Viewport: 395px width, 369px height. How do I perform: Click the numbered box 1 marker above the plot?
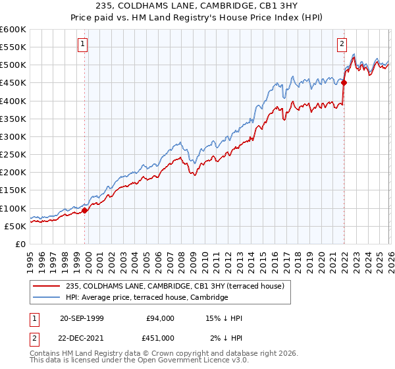click(x=83, y=45)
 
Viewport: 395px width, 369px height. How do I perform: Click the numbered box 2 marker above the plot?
click(x=342, y=45)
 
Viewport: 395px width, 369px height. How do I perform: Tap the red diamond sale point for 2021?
click(x=344, y=82)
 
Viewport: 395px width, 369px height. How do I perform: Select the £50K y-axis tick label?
click(x=15, y=226)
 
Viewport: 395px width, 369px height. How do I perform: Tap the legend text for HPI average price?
click(x=146, y=297)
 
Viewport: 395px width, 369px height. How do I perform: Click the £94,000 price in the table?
click(x=160, y=318)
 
